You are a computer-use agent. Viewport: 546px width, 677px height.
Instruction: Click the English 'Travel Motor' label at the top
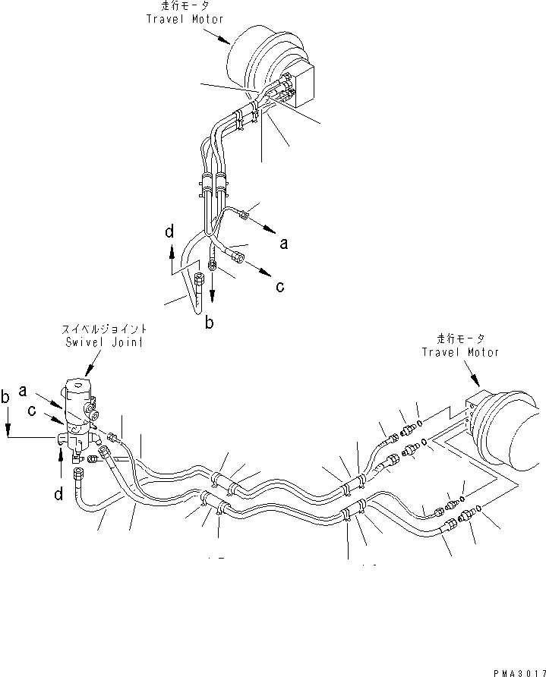pyautogui.click(x=177, y=18)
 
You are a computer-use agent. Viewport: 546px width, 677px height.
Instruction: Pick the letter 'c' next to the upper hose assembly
pyautogui.click(x=280, y=286)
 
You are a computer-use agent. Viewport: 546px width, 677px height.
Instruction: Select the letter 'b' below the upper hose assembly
pyautogui.click(x=209, y=322)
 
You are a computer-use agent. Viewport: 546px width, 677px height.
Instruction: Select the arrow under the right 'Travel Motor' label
pyautogui.click(x=472, y=376)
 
